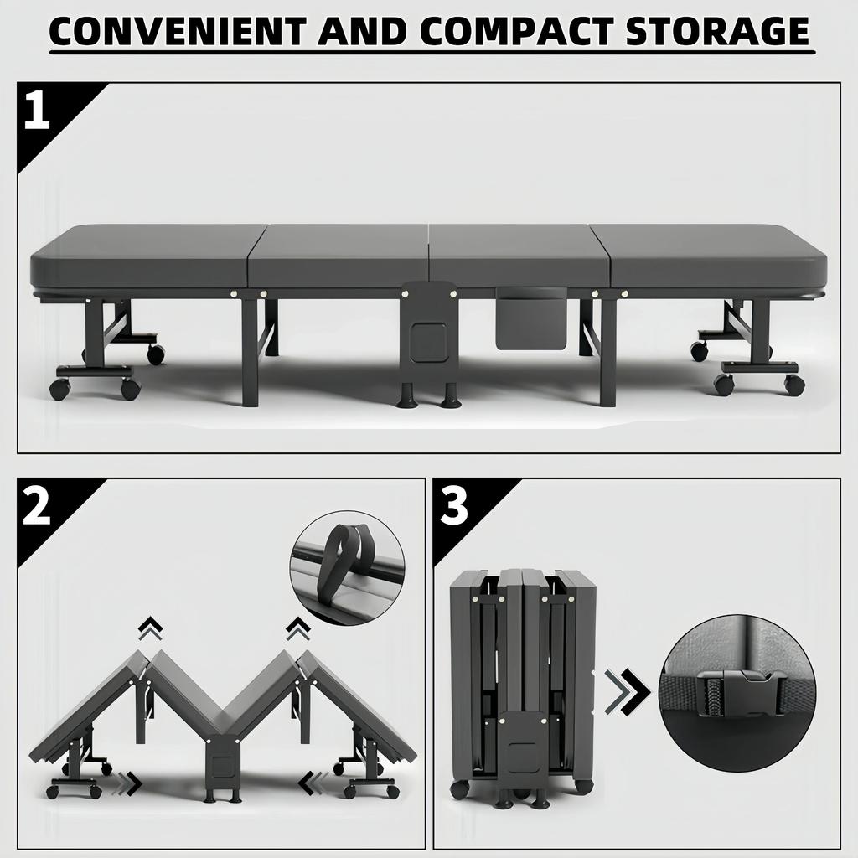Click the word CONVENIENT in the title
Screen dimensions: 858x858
pyautogui.click(x=172, y=31)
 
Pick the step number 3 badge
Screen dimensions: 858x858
pyautogui.click(x=453, y=508)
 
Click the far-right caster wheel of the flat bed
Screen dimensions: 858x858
pyautogui.click(x=794, y=385)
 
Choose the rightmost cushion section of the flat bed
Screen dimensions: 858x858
pyautogui.click(x=712, y=256)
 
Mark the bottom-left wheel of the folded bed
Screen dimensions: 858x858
pyautogui.click(x=459, y=789)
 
